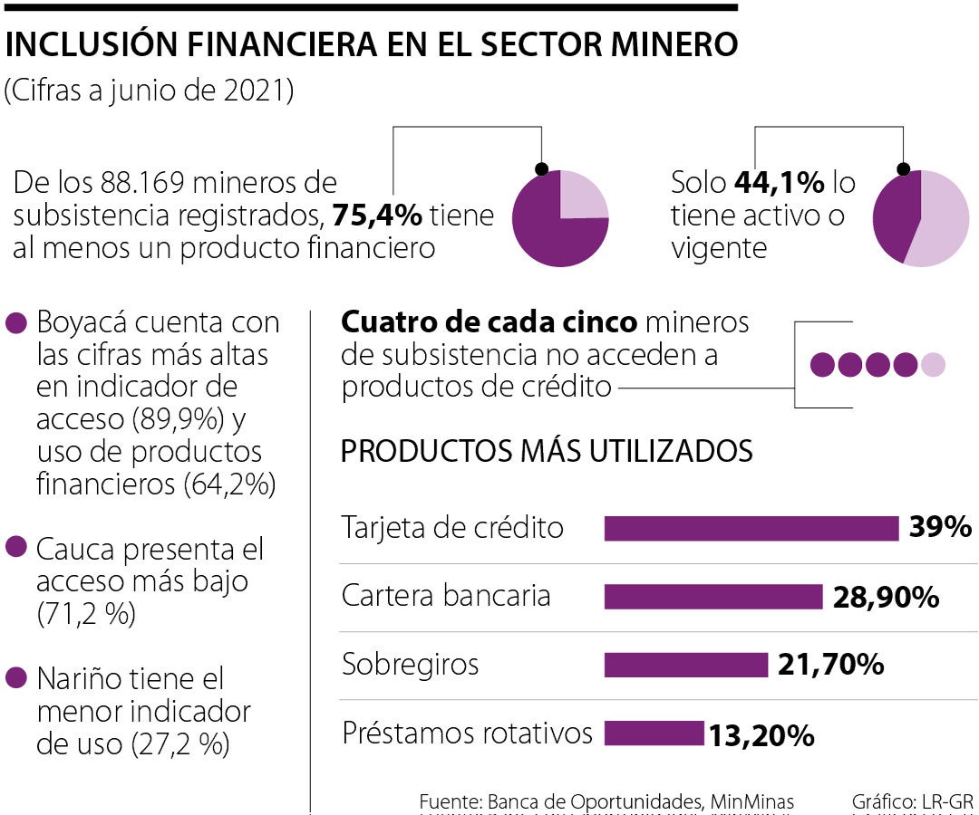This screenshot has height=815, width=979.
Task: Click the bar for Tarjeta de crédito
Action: coord(751,528)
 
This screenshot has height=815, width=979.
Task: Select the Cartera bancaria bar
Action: coord(712,597)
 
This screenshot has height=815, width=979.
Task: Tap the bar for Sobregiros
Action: coord(685,665)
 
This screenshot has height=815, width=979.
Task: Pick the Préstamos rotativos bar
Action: coord(654,733)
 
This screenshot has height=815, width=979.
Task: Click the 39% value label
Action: coord(940,528)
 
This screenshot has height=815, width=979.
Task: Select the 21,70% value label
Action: coord(830,666)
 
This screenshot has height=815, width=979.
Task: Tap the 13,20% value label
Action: coord(761,736)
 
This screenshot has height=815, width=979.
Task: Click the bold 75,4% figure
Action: coord(377,216)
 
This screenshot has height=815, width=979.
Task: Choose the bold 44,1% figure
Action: coord(779,184)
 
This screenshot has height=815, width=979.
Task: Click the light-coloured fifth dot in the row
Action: coord(933,365)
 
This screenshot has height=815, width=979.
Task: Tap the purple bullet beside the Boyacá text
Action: coord(16,323)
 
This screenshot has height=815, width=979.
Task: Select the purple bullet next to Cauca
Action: coord(16,548)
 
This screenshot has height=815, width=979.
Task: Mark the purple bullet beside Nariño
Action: coord(16,678)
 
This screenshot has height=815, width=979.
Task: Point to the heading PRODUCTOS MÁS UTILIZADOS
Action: coord(546,451)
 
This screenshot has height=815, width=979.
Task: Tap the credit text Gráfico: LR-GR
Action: coord(912,801)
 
